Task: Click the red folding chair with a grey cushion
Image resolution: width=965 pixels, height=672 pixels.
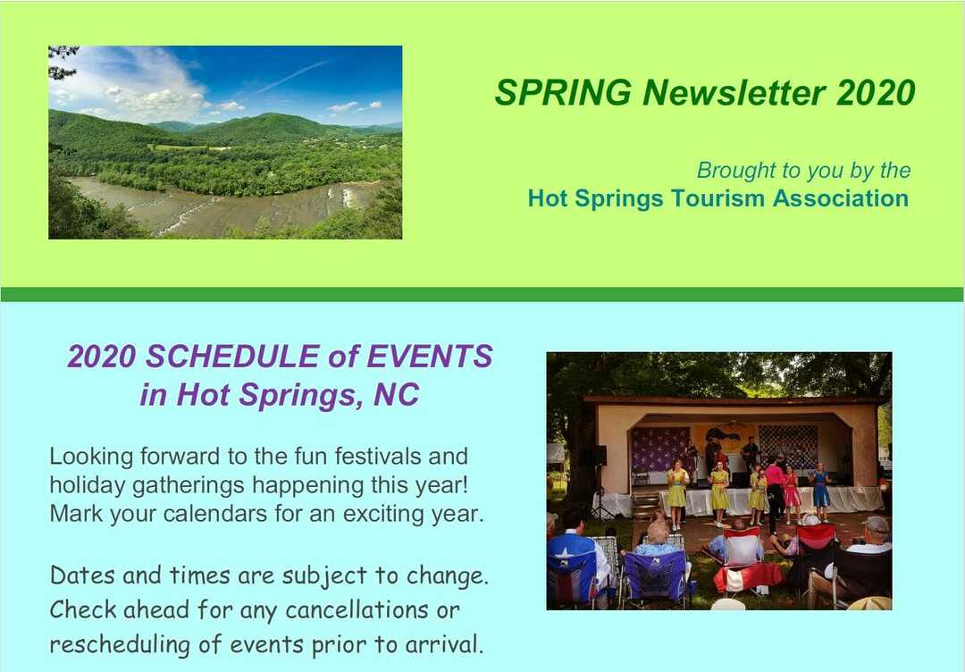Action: point(741,554)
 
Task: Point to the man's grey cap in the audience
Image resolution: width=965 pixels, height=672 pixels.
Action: point(876,525)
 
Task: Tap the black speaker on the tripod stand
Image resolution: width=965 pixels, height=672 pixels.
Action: point(599,455)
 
